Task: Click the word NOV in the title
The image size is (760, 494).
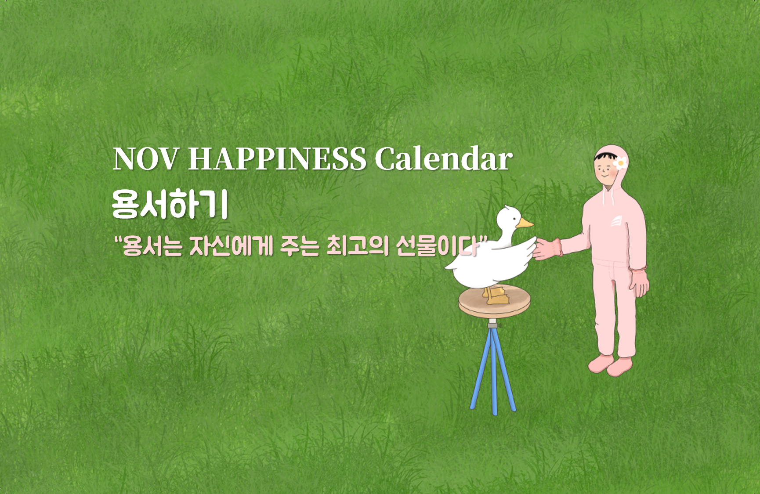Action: (145, 159)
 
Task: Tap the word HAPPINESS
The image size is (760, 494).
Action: (277, 159)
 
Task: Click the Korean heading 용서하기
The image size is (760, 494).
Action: (170, 204)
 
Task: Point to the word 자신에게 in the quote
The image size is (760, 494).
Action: (232, 246)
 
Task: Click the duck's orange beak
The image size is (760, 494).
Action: (525, 223)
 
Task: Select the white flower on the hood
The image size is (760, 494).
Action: (620, 163)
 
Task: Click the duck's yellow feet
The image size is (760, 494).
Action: (496, 296)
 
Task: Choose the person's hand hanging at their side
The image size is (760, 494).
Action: (640, 283)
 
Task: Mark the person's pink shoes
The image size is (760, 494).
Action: (611, 365)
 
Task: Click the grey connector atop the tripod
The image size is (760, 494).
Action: (493, 324)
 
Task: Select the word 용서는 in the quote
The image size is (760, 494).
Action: (152, 246)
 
